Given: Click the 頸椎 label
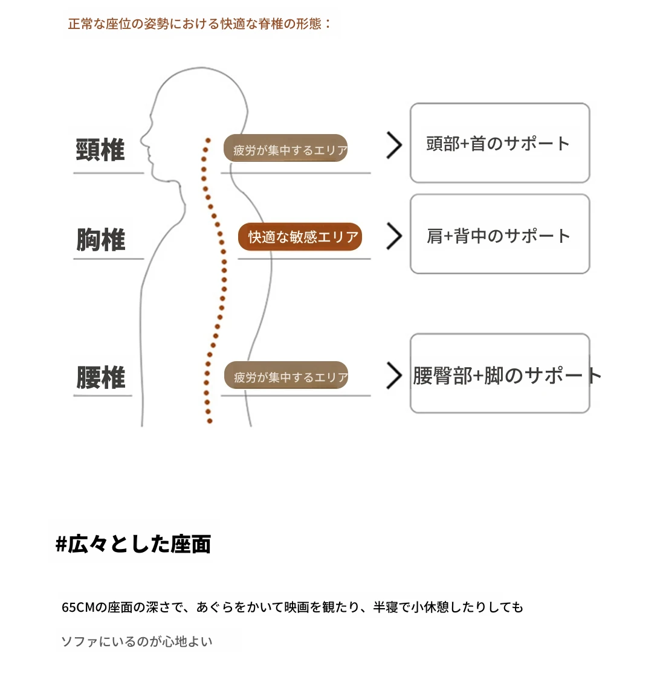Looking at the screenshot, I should (100, 150).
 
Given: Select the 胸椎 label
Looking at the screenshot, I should (100, 240).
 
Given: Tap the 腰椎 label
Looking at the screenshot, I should (100, 377).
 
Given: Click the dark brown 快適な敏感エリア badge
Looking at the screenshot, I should (300, 237).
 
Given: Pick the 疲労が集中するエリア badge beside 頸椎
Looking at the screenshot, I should (286, 149).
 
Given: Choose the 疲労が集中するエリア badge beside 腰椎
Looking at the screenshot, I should (286, 376).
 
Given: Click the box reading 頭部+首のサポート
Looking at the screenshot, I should (499, 143).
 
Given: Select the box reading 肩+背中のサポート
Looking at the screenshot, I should (499, 234).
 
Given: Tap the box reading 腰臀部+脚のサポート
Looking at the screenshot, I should (499, 374).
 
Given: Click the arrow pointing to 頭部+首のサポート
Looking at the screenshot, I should (394, 145).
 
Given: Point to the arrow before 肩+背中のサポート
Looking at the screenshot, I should (394, 236).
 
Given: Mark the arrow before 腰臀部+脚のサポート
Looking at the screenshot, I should (394, 375).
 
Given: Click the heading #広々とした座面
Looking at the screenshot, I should (134, 544).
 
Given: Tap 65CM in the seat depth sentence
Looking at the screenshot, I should (78, 607).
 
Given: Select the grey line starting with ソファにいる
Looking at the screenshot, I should (137, 641).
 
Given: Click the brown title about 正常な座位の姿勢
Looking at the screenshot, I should (199, 24).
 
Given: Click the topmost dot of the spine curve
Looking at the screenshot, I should (207, 140).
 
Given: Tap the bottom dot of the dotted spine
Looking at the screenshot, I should (210, 420).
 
